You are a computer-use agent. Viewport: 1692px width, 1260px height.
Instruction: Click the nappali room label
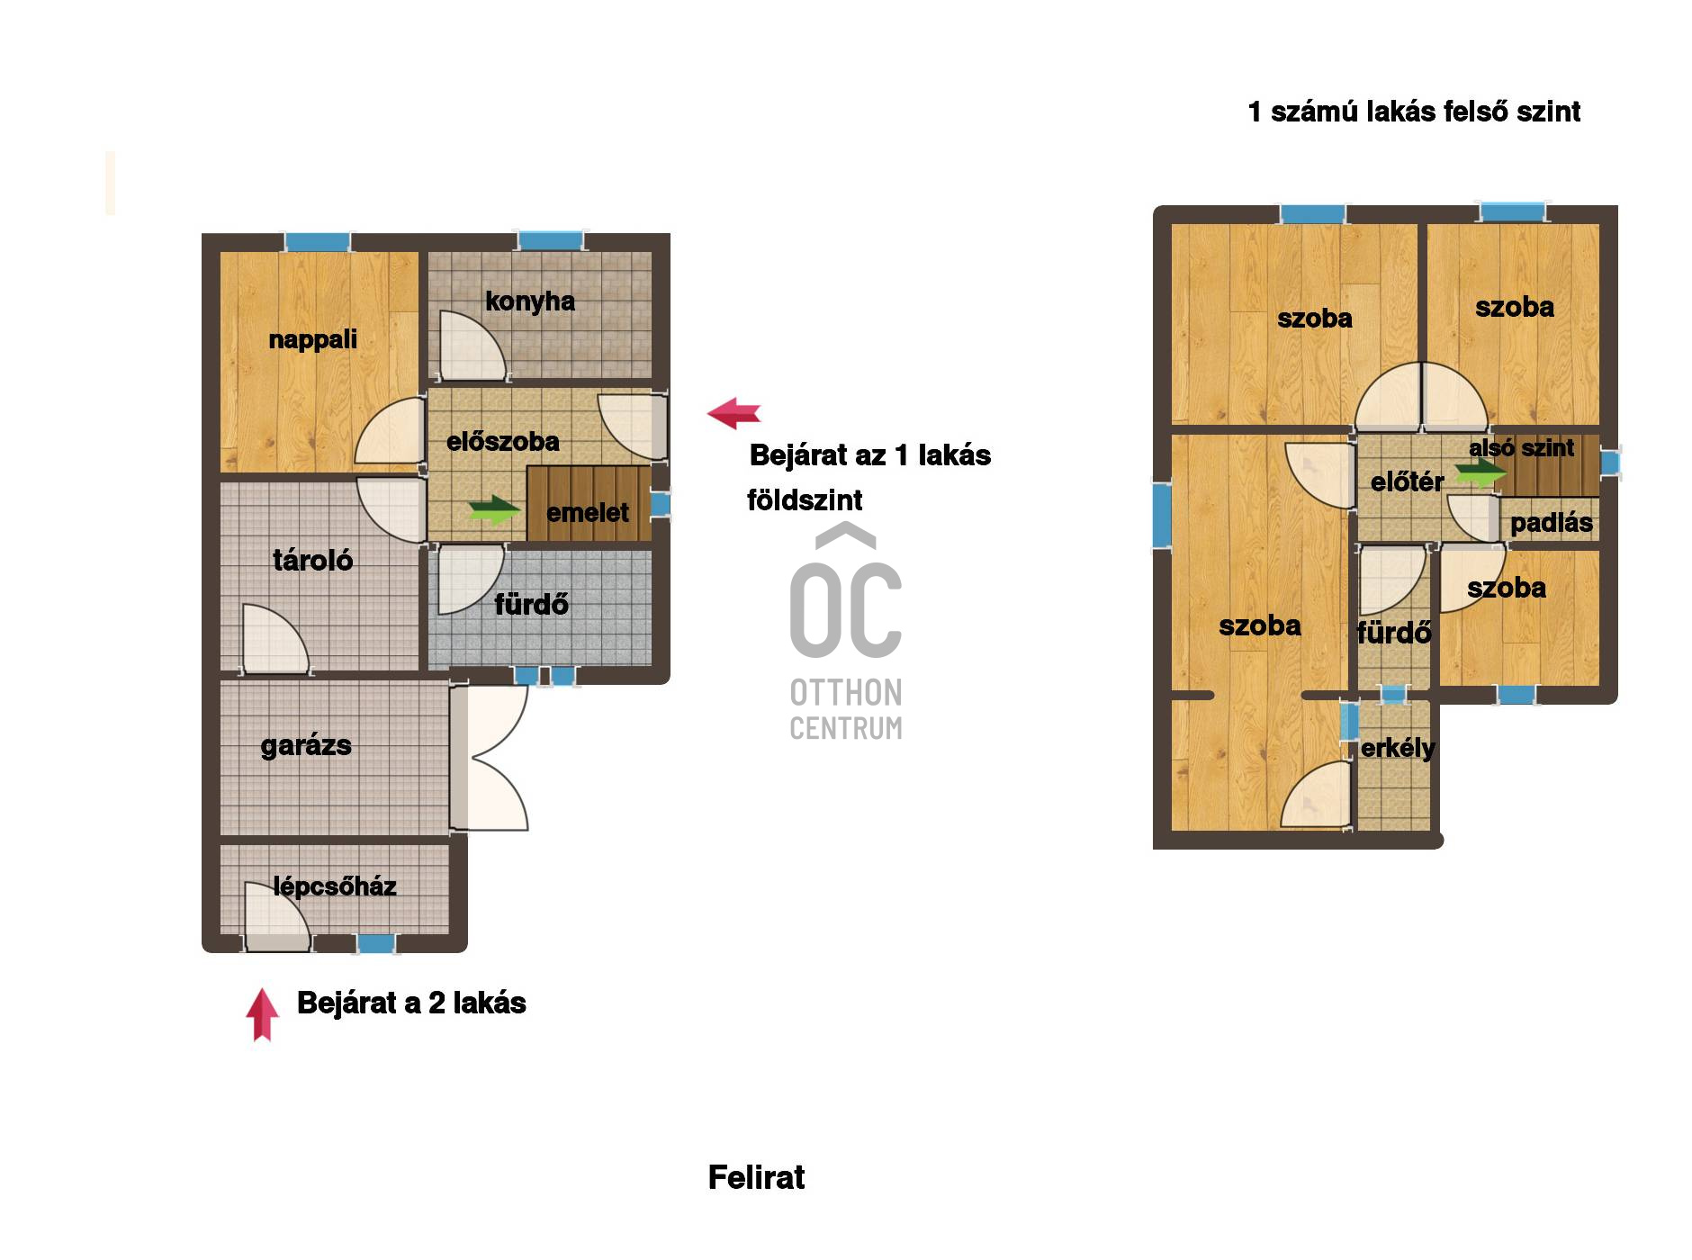[x=312, y=340]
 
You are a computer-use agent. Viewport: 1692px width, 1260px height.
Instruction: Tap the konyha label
[x=530, y=301]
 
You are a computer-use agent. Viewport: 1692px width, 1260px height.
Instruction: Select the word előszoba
[x=503, y=441]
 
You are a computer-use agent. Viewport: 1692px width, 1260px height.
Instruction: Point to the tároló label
[x=312, y=560]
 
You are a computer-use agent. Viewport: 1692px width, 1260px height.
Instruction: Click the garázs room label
[x=306, y=745]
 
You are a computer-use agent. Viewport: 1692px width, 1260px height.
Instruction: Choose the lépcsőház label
[x=335, y=886]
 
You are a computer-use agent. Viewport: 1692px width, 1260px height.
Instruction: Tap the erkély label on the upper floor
[x=1398, y=748]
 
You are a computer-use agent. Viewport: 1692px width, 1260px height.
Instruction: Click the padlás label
[x=1552, y=523]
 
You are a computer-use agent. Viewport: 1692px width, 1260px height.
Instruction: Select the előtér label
[x=1407, y=481]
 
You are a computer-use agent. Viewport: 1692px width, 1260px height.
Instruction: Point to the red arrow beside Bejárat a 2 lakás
[x=262, y=1014]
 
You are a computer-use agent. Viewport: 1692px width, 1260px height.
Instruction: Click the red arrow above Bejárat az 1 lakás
[x=734, y=413]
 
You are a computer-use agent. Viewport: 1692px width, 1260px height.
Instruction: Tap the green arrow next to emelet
[x=494, y=510]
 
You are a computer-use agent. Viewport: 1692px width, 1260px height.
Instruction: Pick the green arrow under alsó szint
[x=1481, y=472]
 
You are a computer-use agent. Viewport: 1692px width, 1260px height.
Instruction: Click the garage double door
[x=490, y=758]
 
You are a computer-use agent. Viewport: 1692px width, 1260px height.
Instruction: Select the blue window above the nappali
[x=317, y=242]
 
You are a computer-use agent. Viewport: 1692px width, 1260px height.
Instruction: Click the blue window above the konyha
[x=550, y=241]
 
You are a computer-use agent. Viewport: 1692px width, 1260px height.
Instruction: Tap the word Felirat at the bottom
[x=757, y=1177]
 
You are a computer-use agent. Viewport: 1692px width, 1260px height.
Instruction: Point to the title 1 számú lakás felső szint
[x=1414, y=112]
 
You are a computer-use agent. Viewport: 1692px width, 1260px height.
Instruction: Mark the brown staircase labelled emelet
[x=589, y=503]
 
